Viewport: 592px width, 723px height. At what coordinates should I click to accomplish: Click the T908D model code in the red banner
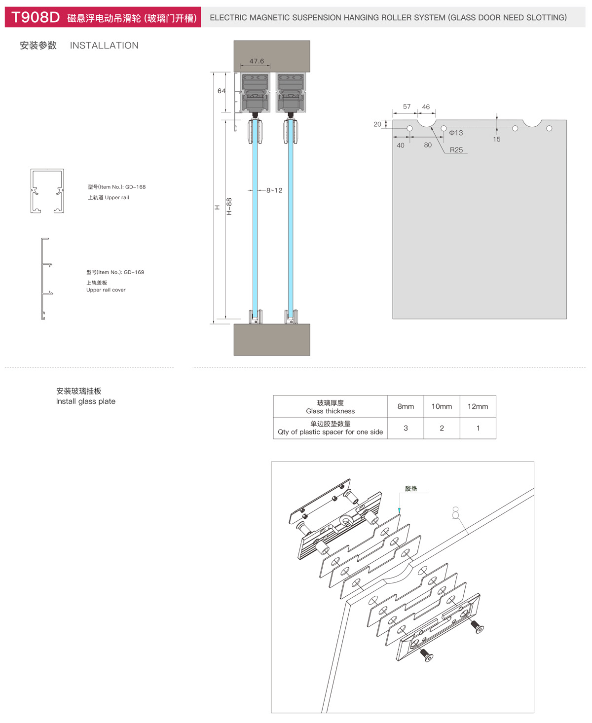pos(36,17)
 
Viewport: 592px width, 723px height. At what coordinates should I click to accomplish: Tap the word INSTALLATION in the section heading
pos(104,45)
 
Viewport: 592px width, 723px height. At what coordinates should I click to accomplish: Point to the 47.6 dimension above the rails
pos(257,61)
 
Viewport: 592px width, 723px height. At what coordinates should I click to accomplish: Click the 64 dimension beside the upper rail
pos(222,91)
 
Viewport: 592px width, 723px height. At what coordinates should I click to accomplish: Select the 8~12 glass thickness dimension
pos(274,190)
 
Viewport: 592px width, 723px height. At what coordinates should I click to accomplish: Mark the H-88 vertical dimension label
pos(229,206)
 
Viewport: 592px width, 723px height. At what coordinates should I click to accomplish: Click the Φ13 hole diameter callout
pos(456,133)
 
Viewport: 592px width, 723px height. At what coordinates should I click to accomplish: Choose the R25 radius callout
pos(456,150)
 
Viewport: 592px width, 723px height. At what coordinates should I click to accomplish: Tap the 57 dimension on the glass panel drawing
pos(407,107)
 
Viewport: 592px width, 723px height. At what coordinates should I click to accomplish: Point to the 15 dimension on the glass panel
pos(496,139)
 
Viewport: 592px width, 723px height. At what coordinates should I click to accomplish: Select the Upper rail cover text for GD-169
pos(106,290)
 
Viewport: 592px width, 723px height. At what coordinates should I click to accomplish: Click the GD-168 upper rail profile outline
pos(47,191)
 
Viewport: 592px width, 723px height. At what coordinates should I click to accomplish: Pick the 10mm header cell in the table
pos(442,406)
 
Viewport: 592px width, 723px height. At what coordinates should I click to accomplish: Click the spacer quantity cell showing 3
pos(406,428)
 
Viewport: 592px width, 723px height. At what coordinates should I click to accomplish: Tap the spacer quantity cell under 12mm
pos(478,428)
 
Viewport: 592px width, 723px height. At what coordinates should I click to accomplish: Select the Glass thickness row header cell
pos(330,406)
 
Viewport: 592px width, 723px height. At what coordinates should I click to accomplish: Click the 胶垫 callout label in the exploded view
pos(411,488)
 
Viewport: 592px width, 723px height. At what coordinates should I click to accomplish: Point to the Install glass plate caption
pos(86,401)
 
